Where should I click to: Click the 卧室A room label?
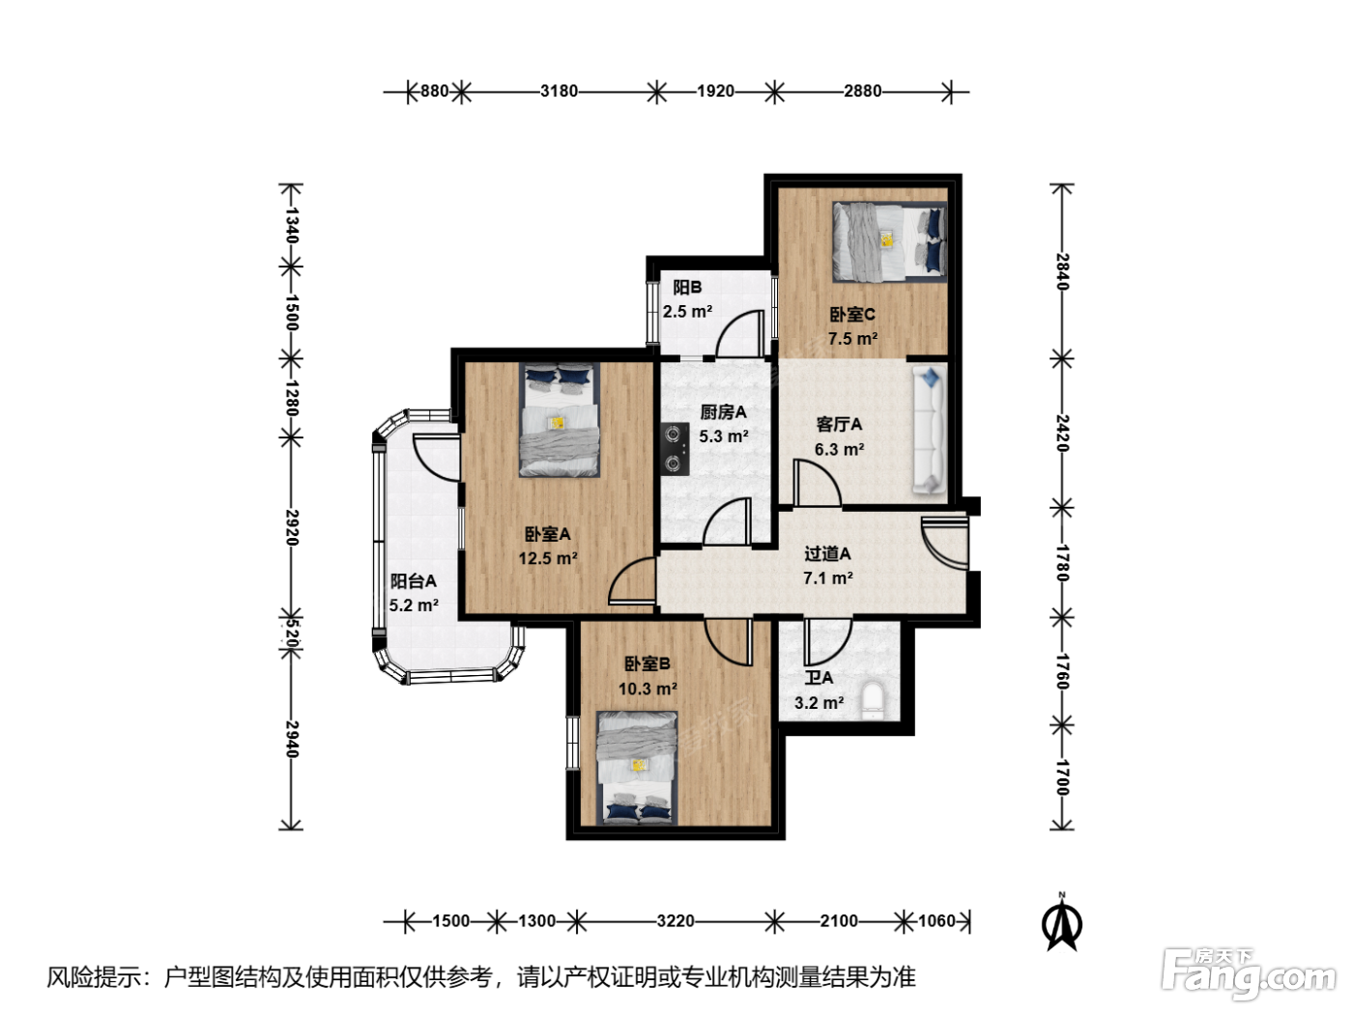pos(547,534)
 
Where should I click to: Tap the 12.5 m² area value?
pos(547,558)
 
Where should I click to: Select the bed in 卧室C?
pos(889,242)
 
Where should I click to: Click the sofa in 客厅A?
pos(929,430)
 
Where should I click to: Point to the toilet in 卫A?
pos(873,700)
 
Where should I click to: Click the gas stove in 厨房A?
pos(676,449)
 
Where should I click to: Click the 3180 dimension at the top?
pos(559,91)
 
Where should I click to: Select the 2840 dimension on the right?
pos(1061,271)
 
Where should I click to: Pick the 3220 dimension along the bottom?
pos(675,921)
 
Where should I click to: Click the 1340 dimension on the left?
pos(292,225)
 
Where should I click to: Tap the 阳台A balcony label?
pos(413,580)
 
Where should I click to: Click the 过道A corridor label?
pos(827,553)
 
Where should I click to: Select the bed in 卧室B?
pos(637,768)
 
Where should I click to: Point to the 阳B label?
pos(687,287)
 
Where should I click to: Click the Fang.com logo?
pos(1249,975)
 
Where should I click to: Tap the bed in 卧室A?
pos(559,420)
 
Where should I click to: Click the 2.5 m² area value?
pos(687,312)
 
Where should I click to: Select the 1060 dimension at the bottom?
pos(936,921)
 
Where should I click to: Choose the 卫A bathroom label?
pos(819,678)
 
